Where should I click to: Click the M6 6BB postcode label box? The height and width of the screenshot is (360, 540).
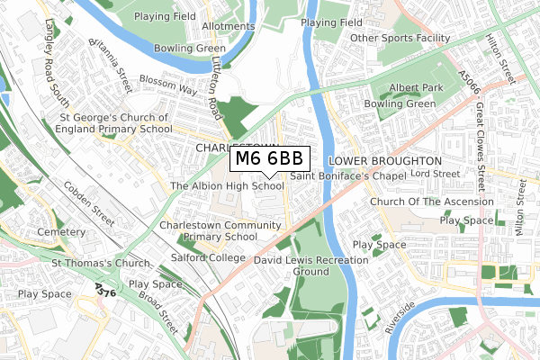pos(271,159)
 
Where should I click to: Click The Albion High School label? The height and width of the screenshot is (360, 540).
pos(227,186)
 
